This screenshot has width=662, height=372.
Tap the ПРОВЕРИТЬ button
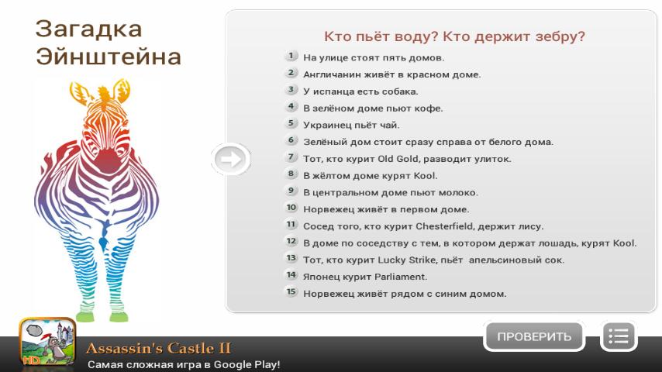pyautogui.click(x=534, y=336)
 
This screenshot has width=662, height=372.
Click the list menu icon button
pyautogui.click(x=619, y=336)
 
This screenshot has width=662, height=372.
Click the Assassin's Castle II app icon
pyautogui.click(x=47, y=342)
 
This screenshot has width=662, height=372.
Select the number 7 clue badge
pyautogui.click(x=291, y=157)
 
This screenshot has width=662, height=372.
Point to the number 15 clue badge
pyautogui.click(x=291, y=292)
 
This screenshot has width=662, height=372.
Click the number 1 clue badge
pyautogui.click(x=291, y=56)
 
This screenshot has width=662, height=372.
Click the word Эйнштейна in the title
pyautogui.click(x=109, y=57)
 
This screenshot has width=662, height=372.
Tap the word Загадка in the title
pyautogui.click(x=88, y=29)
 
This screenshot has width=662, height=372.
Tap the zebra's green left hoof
pyautogui.click(x=84, y=317)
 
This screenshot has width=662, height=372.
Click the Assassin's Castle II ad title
pyautogui.click(x=158, y=348)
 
